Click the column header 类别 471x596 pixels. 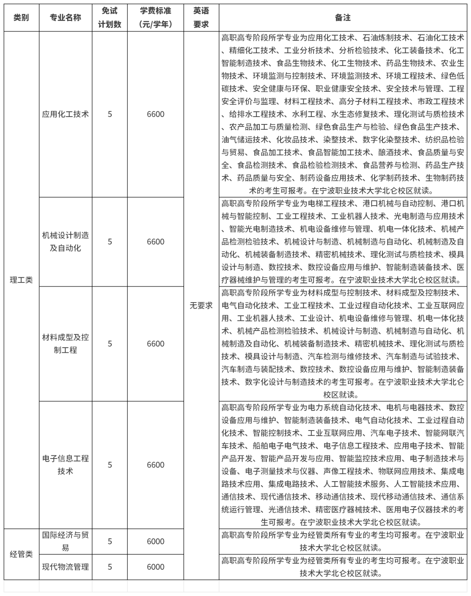(x=21, y=18)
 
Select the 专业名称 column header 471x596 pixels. (x=65, y=18)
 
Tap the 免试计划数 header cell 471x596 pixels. (x=109, y=17)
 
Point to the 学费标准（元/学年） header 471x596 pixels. (x=155, y=17)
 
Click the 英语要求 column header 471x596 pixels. (x=201, y=17)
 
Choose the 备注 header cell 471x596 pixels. (x=343, y=18)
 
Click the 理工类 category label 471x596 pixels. (x=21, y=280)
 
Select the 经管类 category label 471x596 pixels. (x=21, y=554)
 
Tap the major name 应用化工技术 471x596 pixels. (x=65, y=114)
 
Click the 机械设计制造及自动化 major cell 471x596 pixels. (x=65, y=241)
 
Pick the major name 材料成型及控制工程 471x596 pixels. (x=65, y=344)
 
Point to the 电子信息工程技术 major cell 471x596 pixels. (x=65, y=465)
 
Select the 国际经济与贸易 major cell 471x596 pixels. (x=65, y=541)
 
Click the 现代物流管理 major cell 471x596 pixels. (x=65, y=567)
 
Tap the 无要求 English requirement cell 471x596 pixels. (x=201, y=306)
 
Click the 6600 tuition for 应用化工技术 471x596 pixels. (x=155, y=114)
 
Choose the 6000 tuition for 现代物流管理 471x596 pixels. (x=155, y=567)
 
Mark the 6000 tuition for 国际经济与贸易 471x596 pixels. (x=155, y=541)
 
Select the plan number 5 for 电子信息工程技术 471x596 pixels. (x=109, y=465)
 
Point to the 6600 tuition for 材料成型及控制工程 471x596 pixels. (x=155, y=344)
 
